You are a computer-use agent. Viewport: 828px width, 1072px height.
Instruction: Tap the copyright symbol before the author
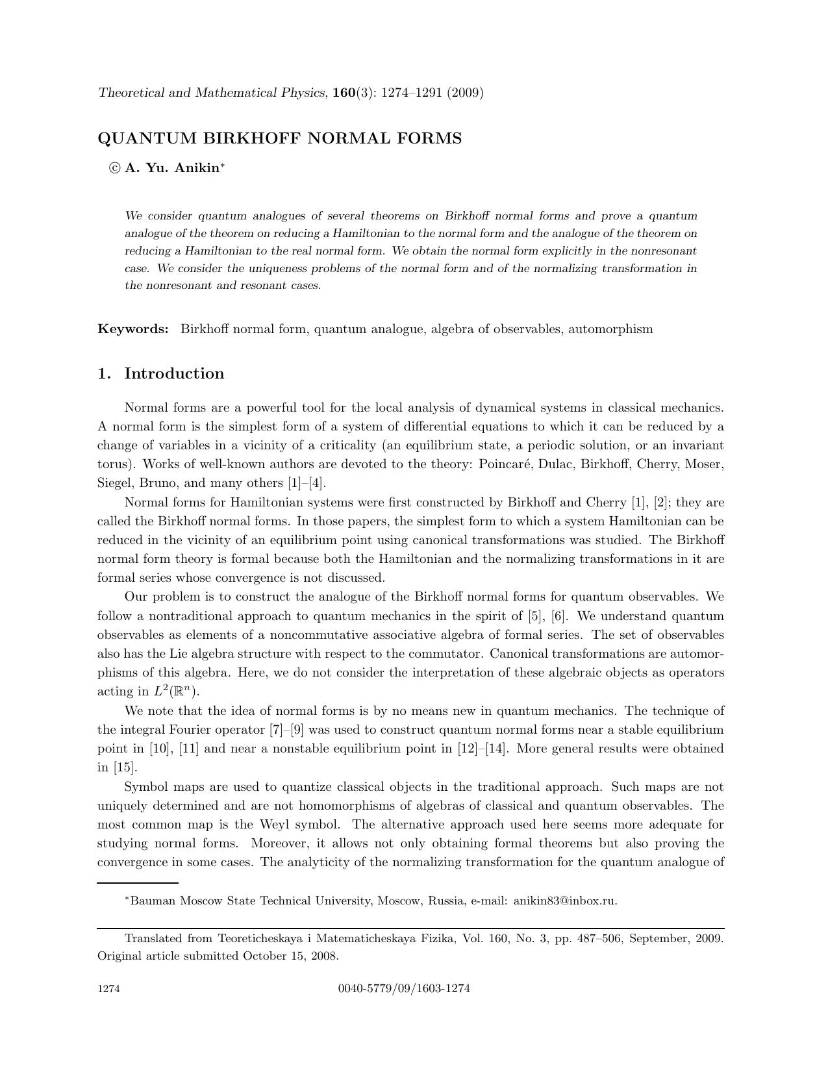coord(115,168)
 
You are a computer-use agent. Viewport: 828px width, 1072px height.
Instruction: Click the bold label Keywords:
coord(133,329)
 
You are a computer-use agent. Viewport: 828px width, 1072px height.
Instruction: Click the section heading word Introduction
coord(174,374)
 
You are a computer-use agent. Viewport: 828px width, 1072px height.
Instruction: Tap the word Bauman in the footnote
coord(153,901)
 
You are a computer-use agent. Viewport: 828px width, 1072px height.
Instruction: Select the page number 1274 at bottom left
coord(108,990)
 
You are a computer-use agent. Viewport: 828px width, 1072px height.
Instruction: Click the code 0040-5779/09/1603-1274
coord(404,990)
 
